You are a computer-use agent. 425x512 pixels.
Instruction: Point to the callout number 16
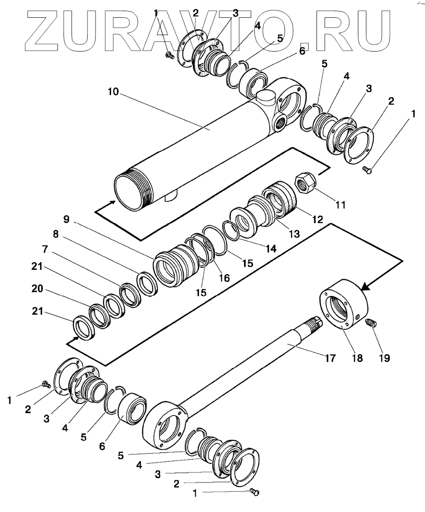pyautogui.click(x=224, y=278)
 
